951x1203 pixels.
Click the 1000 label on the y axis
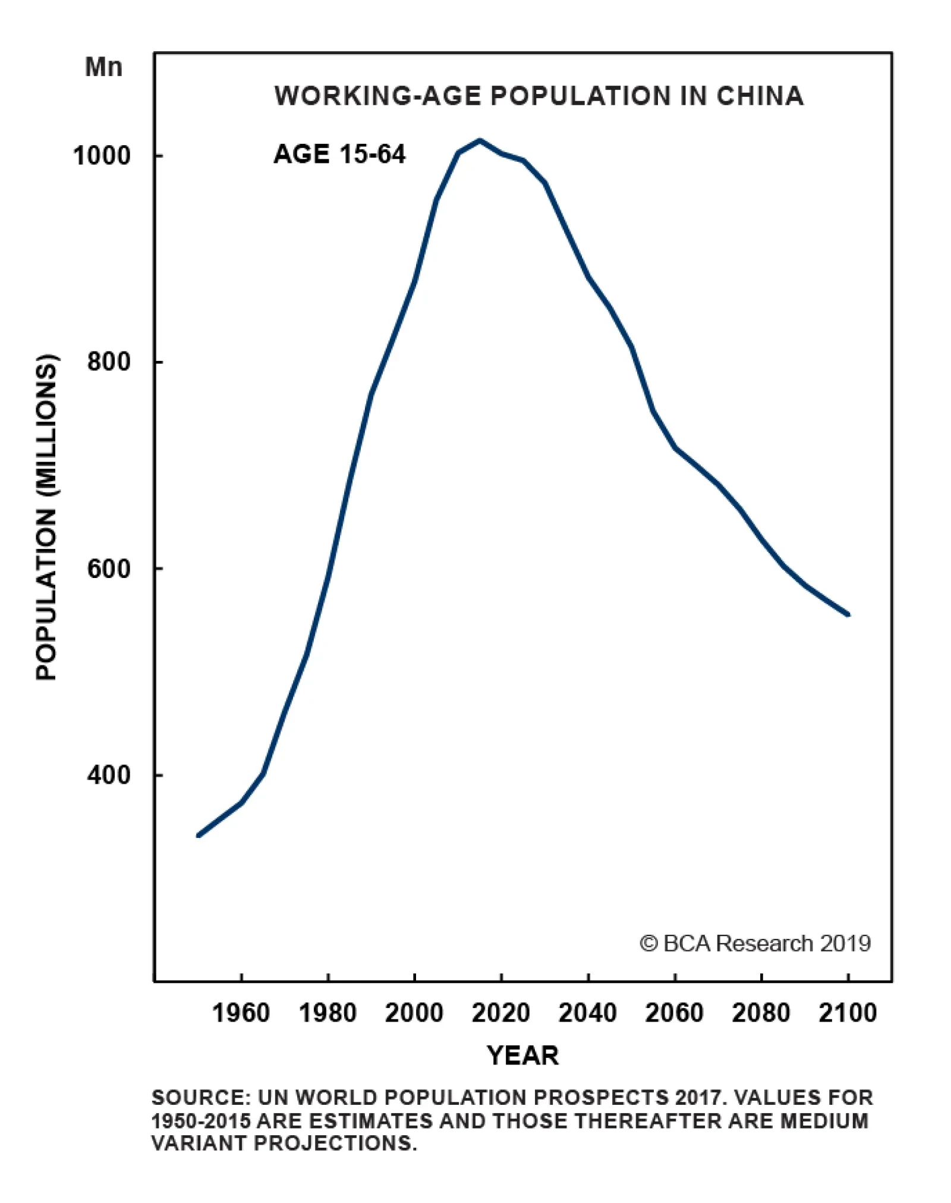click(101, 156)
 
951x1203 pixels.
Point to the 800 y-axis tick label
click(108, 362)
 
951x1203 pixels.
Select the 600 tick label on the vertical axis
click(108, 568)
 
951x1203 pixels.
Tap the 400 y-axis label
click(108, 775)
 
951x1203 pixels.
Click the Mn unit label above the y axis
click(103, 67)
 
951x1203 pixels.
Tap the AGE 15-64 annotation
click(339, 155)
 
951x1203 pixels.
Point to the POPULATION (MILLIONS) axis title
click(46, 517)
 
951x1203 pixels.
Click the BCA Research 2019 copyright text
click(755, 943)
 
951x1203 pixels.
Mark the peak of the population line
click(480, 141)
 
